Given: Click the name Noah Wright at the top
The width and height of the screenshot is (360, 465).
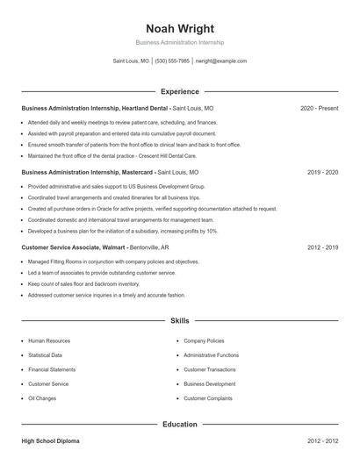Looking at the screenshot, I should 180,28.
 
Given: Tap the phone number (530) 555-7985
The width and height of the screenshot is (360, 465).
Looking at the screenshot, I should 172,61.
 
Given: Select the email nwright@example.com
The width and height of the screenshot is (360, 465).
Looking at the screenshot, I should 221,61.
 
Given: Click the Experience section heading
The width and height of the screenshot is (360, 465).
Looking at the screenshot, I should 180,91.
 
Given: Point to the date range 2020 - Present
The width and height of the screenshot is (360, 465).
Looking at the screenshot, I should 319,108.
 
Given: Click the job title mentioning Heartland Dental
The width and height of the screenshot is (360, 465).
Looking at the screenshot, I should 95,108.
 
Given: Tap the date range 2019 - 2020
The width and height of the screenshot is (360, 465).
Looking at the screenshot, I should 322,173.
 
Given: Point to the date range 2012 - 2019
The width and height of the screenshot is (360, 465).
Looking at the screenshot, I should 322,248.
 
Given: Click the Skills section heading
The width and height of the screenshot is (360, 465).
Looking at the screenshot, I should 180,322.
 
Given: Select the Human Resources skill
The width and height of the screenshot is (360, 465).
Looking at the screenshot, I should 49,340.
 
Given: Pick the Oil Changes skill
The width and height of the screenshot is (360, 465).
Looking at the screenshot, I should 42,398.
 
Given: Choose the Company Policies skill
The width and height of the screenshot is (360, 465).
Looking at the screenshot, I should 204,340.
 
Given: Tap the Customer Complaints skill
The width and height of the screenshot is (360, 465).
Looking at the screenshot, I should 208,398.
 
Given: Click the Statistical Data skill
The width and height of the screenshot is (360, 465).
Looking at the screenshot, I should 46,355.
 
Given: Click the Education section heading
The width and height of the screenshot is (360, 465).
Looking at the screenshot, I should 180,425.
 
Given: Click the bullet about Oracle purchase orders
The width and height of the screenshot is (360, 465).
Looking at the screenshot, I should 152,210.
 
